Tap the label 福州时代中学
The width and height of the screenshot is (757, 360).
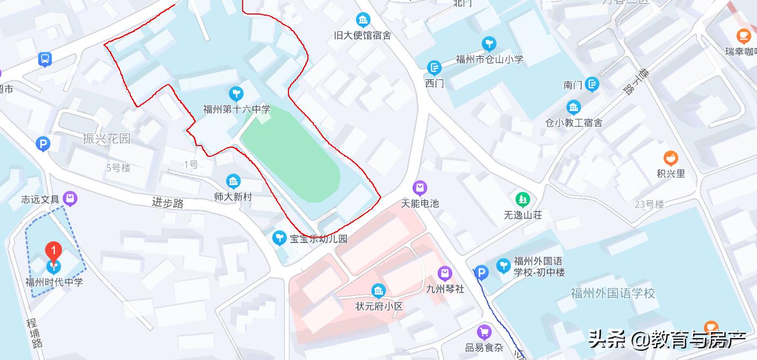click(x=54, y=282)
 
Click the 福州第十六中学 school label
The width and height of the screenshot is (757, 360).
click(x=237, y=109)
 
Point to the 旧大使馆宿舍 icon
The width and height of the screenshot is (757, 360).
click(x=363, y=20)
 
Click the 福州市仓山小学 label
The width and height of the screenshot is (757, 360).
click(x=490, y=59)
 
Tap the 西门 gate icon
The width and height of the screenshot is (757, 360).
click(x=434, y=68)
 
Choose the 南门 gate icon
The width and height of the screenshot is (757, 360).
click(x=592, y=84)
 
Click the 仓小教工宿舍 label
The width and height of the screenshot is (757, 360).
click(x=574, y=123)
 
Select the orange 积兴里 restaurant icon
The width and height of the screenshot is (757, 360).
click(x=670, y=158)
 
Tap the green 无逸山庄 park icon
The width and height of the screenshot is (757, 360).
click(x=522, y=200)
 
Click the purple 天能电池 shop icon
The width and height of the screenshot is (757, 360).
click(x=419, y=188)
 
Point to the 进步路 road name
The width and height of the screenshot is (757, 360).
click(x=168, y=203)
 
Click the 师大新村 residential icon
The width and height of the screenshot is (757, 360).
click(x=233, y=181)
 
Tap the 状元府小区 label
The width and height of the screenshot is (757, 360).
click(x=379, y=307)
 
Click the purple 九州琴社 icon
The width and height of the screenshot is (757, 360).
click(x=444, y=274)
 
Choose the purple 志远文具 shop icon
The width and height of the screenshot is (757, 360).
click(x=70, y=199)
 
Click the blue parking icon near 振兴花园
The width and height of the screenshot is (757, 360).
click(x=43, y=144)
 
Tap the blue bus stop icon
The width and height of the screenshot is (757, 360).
click(x=45, y=59)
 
